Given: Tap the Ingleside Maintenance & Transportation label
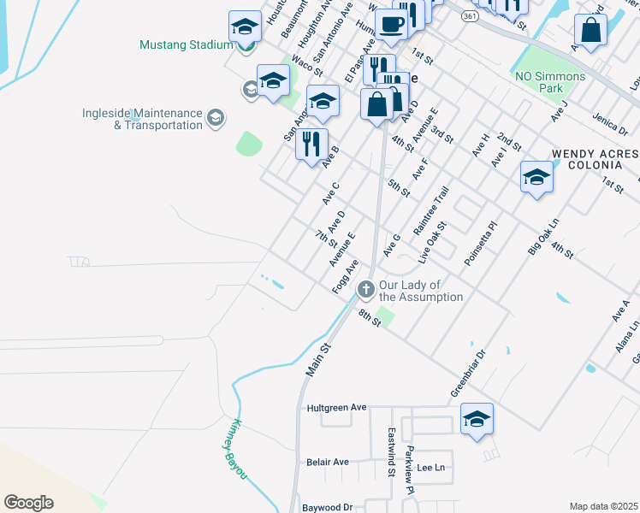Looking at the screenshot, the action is (142, 119).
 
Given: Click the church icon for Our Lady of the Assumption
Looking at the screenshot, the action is (366, 290).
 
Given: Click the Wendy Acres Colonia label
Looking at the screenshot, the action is (595, 160).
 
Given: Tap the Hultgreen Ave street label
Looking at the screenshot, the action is (336, 408).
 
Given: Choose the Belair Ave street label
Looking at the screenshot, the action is (328, 462).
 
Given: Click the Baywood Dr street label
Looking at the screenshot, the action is (328, 507).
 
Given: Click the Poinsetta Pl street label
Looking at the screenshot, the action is (480, 245).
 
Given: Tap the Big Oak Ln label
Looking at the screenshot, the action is (543, 236).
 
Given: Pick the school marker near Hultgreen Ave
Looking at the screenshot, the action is (477, 420).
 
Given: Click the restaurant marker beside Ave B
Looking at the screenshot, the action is (312, 143).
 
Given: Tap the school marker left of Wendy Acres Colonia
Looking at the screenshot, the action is (536, 178).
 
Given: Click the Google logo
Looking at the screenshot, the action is (28, 503).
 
